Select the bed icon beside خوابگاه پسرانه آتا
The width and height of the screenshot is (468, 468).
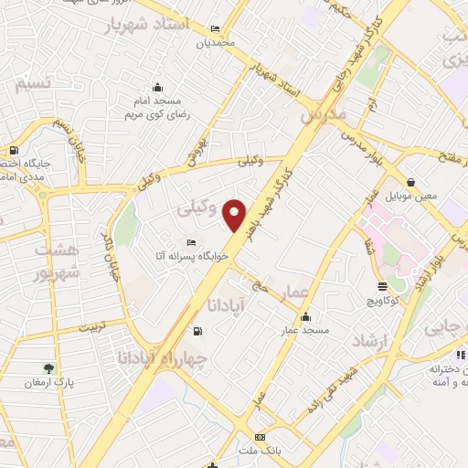(189, 242)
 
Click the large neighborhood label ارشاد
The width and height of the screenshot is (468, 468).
(371, 340)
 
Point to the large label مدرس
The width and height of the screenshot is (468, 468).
(324, 117)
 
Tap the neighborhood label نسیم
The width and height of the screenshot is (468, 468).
(35, 84)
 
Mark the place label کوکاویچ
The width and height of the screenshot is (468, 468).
(378, 299)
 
